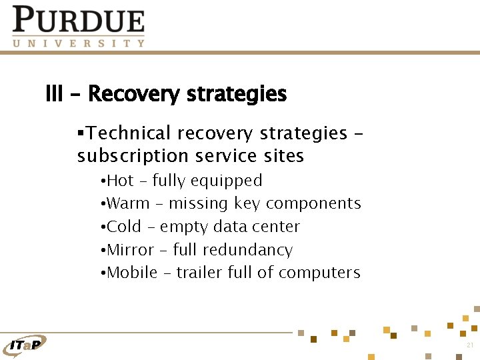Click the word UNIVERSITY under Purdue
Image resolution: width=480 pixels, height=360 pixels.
[79, 43]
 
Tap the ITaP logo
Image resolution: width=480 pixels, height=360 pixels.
[25, 344]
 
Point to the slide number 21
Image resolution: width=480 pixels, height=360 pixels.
[469, 345]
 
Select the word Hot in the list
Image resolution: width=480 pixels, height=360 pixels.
[121, 181]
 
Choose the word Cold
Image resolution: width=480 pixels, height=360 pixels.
[124, 227]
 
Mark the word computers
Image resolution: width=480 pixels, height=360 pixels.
[319, 273]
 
